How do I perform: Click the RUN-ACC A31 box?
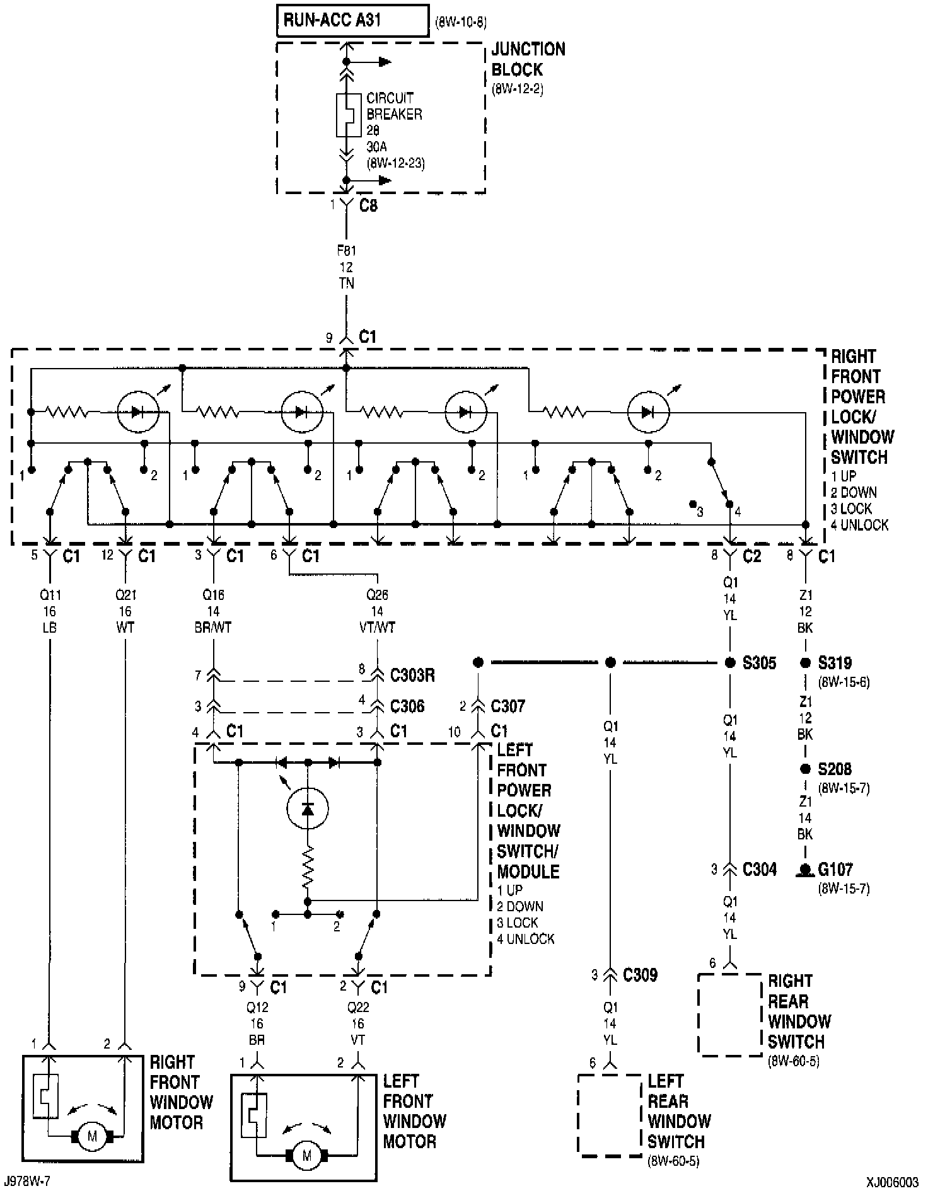(x=352, y=21)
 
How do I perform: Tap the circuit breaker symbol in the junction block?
(x=345, y=115)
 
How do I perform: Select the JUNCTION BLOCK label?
(x=528, y=59)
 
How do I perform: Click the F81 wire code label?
(x=346, y=250)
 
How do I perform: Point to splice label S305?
(x=760, y=663)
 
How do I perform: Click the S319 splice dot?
(x=805, y=663)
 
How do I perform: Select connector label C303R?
(x=412, y=676)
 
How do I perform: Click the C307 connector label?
(x=507, y=706)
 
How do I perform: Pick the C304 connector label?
(x=760, y=870)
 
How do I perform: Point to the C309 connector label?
(x=640, y=975)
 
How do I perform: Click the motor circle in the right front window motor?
(x=93, y=1136)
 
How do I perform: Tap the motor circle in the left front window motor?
(x=307, y=1155)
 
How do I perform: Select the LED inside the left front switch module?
(x=307, y=808)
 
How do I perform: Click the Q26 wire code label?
(x=377, y=594)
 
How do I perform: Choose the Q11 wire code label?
(x=50, y=594)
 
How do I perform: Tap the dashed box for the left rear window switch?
(x=610, y=1115)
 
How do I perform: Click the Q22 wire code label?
(x=357, y=1007)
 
